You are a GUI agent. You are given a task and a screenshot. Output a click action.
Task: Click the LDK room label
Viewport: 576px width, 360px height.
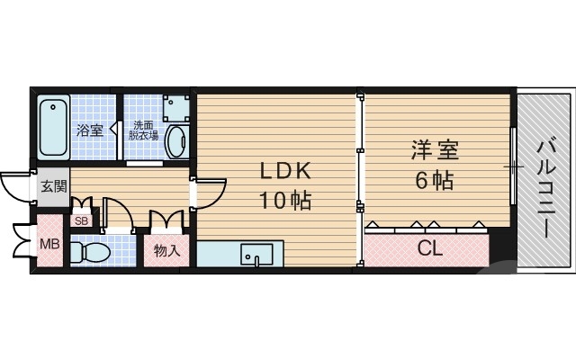pos(286,171)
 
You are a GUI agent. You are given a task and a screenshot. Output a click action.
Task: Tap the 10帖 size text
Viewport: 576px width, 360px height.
pos(286,200)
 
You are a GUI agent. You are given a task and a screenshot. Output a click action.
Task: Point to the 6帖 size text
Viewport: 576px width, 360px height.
pos(434,179)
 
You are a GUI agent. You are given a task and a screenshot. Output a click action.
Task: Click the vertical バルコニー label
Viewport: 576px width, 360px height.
pos(545,187)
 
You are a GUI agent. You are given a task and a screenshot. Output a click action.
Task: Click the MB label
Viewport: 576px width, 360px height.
pos(49,243)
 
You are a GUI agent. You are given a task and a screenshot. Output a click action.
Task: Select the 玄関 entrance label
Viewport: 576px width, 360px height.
pos(52,187)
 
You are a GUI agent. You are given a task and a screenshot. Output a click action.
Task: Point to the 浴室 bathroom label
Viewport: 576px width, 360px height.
pos(89,131)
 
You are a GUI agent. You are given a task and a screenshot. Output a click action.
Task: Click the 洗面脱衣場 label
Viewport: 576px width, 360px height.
pos(145,130)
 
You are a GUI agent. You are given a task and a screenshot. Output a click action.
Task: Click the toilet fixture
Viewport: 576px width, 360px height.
pos(90,250)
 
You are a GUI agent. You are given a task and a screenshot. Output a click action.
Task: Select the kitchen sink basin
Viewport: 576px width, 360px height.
pos(256,254)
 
